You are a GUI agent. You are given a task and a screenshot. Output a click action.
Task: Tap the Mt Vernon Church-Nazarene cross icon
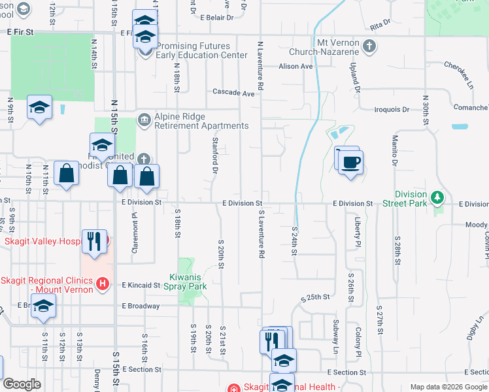coord(369,46)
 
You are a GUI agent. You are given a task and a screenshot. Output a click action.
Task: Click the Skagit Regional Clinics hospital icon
coord(102,283)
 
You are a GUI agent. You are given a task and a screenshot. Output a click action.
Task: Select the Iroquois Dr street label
coord(392,110)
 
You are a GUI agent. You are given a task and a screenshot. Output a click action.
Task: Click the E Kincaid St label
coord(141,286)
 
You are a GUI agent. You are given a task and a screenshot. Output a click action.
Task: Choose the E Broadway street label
coord(140,306)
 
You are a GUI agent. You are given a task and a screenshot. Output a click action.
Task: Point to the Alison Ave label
coord(296,66)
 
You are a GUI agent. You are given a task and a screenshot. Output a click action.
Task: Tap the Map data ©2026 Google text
coord(448,387)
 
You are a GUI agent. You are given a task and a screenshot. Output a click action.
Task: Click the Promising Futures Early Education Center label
coord(192,51)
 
